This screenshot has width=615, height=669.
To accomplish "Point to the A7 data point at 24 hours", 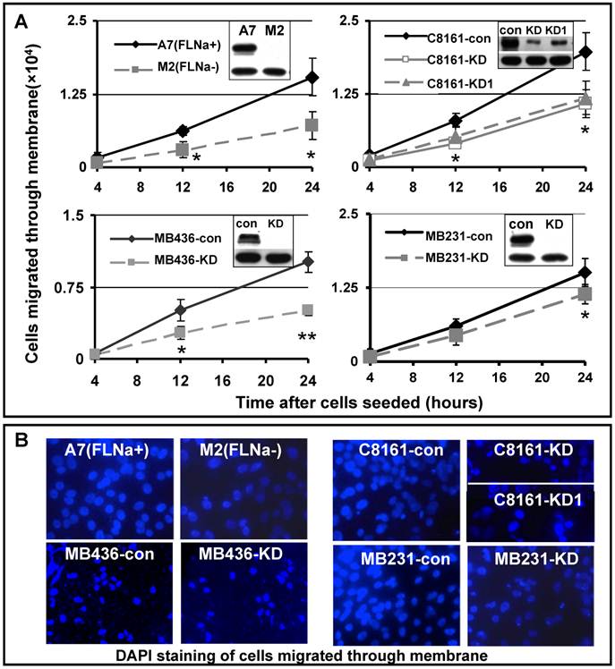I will point(286,78).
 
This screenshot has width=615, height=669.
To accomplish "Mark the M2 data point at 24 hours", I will point(286,125).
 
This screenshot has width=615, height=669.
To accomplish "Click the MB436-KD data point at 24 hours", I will point(283,310).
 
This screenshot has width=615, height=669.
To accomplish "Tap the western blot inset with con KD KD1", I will point(534,46).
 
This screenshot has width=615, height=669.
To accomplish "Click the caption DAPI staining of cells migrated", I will point(306,653).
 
